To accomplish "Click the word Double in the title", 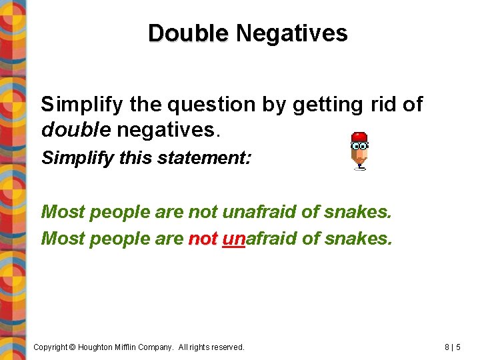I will pyautogui.click(x=188, y=33).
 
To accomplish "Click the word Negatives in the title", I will pyautogui.click(x=291, y=33).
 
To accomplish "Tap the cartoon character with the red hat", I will pyautogui.click(x=359, y=150).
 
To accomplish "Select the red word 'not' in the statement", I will pyautogui.click(x=203, y=238).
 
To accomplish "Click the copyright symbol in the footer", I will pyautogui.click(x=73, y=347).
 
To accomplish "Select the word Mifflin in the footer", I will pyautogui.click(x=133, y=347).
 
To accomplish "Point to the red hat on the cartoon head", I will pyautogui.click(x=359, y=137).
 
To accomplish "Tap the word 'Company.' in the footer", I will pyautogui.click(x=168, y=347).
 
